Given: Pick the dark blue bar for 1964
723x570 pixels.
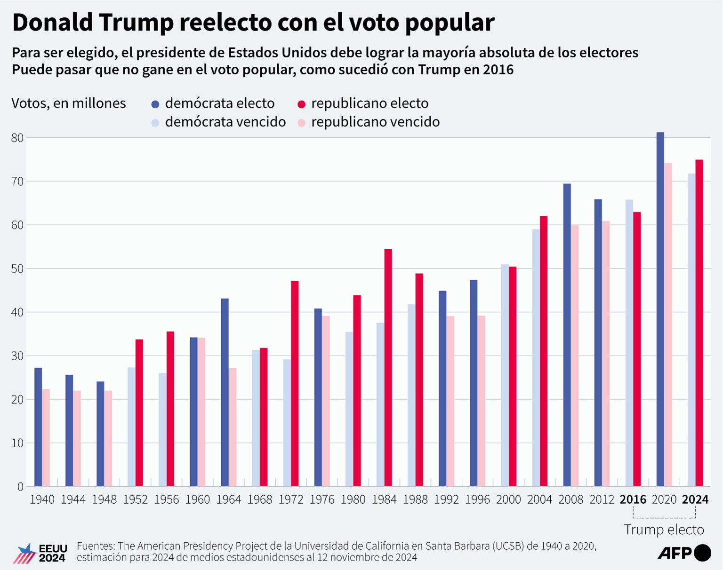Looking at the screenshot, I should (225, 392).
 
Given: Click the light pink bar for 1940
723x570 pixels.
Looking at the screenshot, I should (46, 438).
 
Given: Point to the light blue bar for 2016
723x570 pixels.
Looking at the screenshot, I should (629, 343).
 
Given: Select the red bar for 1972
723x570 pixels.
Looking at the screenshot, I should (295, 383).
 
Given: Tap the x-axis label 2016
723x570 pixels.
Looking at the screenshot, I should (633, 499).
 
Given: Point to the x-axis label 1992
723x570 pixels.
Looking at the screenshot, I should (446, 499).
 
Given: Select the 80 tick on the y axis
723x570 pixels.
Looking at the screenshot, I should (17, 138).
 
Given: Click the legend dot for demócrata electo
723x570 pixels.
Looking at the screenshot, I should (156, 104).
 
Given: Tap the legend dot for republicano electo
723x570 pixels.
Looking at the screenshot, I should (302, 104).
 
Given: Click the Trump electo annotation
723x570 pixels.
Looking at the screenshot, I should (664, 530).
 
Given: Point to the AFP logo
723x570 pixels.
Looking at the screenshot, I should (684, 553).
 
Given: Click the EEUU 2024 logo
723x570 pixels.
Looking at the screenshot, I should (42, 553).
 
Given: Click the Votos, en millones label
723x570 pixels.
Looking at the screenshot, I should (69, 103).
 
